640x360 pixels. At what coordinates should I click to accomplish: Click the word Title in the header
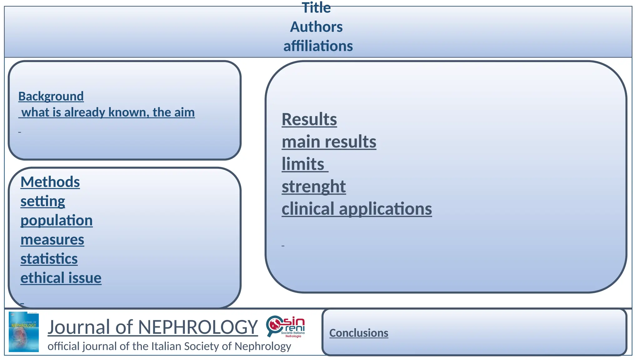[x=316, y=8]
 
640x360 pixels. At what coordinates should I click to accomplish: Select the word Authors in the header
[x=316, y=27]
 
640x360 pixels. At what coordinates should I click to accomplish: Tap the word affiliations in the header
[x=318, y=46]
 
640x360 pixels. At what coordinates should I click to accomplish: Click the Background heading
[x=51, y=96]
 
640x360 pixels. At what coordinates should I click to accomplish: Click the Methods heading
[x=50, y=182]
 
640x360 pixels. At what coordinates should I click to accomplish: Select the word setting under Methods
[x=43, y=201]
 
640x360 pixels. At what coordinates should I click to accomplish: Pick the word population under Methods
[x=57, y=220]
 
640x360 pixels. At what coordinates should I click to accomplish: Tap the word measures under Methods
[x=52, y=240]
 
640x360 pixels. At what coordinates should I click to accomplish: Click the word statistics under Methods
[x=49, y=259]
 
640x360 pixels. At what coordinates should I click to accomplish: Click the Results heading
[x=309, y=119]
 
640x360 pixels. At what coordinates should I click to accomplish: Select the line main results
[x=329, y=142]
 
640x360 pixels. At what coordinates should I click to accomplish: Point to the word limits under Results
[x=303, y=164]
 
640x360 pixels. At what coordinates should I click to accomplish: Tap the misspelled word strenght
[x=313, y=187]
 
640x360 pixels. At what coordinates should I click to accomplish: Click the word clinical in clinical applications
[x=308, y=209]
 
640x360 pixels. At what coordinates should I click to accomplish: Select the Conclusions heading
[x=358, y=333]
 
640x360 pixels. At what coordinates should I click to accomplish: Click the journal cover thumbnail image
[x=24, y=332]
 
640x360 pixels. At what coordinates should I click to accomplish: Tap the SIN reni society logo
[x=285, y=327]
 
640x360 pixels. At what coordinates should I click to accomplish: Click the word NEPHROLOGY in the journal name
[x=198, y=327]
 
